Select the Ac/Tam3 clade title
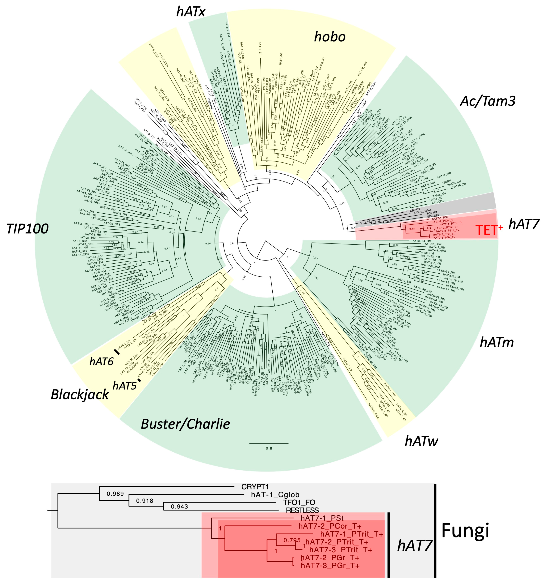coord(487,101)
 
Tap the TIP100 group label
coord(28,229)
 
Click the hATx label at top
coord(191,12)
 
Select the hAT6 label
coord(101,362)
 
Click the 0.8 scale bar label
coord(269,448)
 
